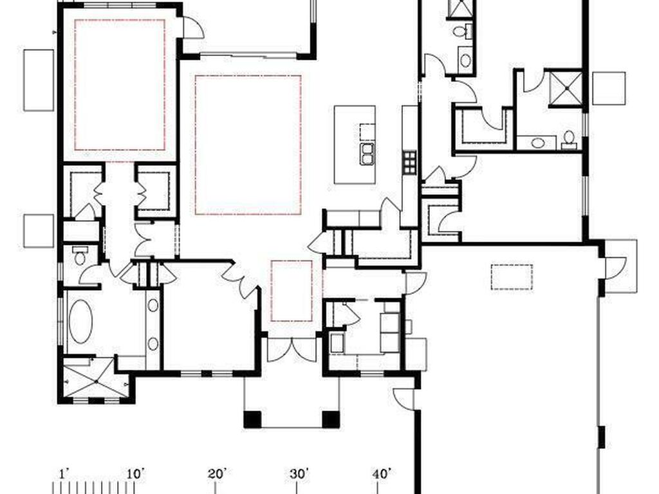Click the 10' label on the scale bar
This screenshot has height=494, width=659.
tap(135, 474)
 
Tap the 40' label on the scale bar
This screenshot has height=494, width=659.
tap(382, 474)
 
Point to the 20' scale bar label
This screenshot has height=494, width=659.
tap(217, 474)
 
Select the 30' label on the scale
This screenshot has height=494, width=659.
tap(299, 474)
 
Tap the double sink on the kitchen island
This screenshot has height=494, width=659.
tap(366, 153)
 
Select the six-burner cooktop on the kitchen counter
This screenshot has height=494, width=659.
tap(409, 161)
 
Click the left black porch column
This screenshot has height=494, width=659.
tap(252, 419)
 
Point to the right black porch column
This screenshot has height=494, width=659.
tap(330, 419)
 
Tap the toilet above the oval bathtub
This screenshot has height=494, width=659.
tap(79, 255)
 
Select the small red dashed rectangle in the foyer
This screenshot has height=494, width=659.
tap(291, 290)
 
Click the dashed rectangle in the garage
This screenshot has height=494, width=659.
tap(512, 277)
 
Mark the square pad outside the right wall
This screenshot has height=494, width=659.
tap(609, 88)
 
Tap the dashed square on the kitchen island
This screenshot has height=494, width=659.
tap(367, 131)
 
